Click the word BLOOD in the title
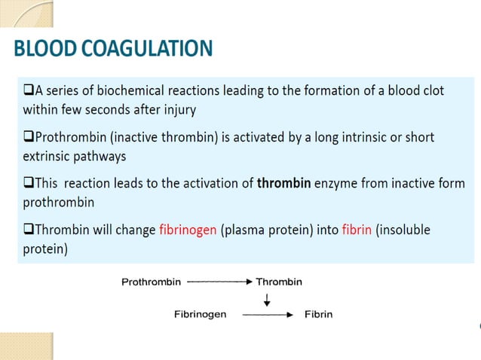click(45, 50)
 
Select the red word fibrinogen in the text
click(188, 230)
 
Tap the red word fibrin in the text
click(356, 230)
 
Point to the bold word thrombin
click(284, 183)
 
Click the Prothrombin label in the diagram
click(152, 282)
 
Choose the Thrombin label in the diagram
click(279, 282)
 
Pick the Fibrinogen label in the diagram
click(201, 314)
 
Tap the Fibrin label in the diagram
click(318, 314)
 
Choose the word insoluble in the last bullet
click(405, 230)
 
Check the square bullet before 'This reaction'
click(28, 184)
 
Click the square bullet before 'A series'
click(28, 91)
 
